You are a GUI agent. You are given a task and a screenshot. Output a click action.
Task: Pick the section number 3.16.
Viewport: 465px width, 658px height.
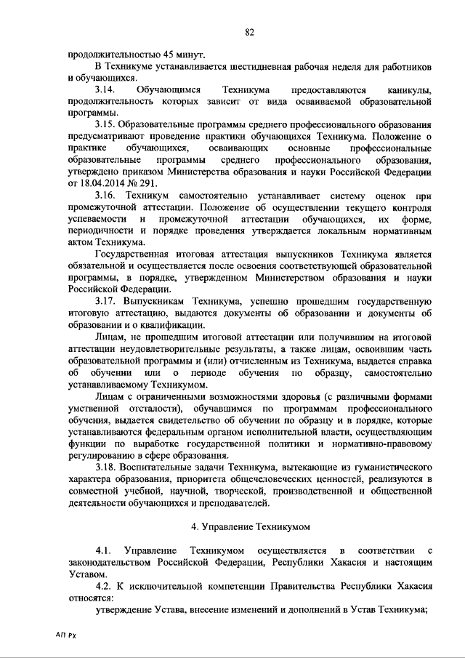pos(105,196)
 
